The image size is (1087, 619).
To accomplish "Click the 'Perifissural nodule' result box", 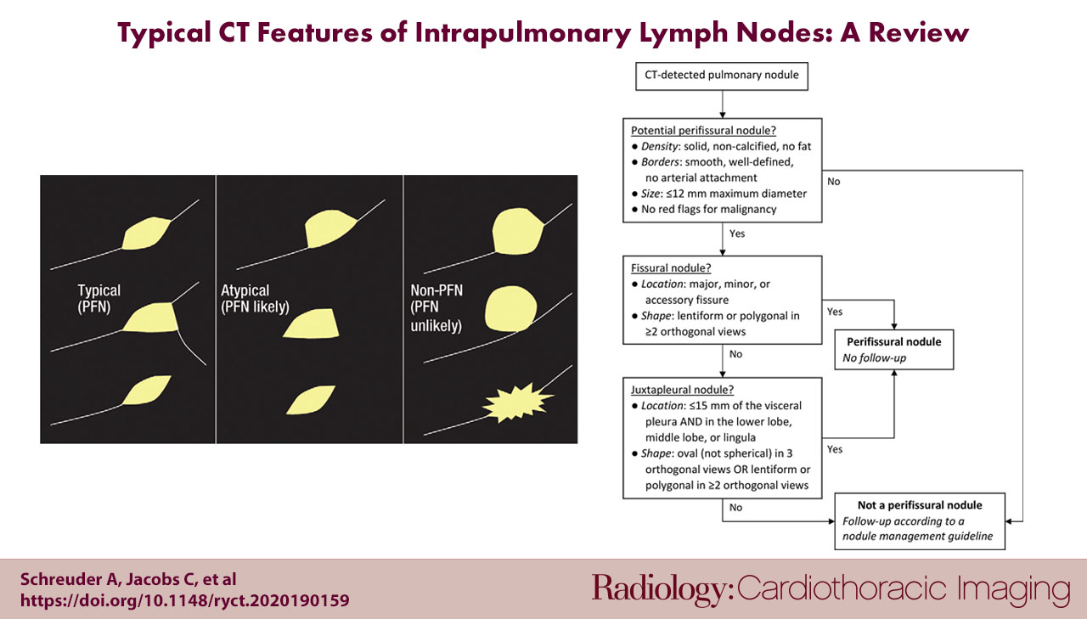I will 893,348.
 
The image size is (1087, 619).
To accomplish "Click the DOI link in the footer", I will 184,600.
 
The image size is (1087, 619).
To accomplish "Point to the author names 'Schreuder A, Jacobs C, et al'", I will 129,580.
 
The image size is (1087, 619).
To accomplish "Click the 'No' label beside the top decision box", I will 833,182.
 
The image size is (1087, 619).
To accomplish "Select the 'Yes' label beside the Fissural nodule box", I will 835,312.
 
